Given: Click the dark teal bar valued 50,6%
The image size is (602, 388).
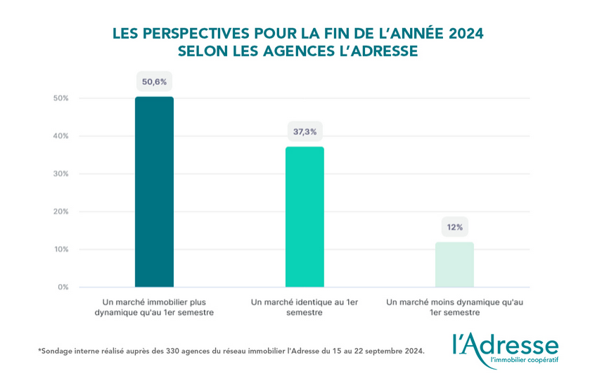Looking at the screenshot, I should (x=154, y=192).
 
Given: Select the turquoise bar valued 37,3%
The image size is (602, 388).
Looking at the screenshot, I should (x=305, y=216).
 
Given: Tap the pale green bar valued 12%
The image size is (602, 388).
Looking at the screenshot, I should (x=454, y=264).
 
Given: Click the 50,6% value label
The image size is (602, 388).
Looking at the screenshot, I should (x=154, y=82).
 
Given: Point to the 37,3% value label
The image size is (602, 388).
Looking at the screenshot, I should (x=305, y=131).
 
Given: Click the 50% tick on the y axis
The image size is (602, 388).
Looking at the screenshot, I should (x=60, y=98).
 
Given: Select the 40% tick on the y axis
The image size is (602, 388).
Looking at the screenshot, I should (x=60, y=136).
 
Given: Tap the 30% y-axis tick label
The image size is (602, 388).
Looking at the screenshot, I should (x=60, y=174).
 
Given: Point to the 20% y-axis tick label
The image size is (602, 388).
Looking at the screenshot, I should (x=60, y=212).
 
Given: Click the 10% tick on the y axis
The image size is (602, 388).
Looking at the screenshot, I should (x=60, y=250).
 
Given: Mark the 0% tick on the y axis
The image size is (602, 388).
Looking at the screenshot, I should (x=63, y=287).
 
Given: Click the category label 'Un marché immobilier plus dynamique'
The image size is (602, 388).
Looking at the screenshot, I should (x=154, y=307).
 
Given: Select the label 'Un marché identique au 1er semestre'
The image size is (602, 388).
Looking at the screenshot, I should (x=305, y=307).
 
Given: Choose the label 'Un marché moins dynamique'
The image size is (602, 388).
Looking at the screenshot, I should (x=454, y=307).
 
